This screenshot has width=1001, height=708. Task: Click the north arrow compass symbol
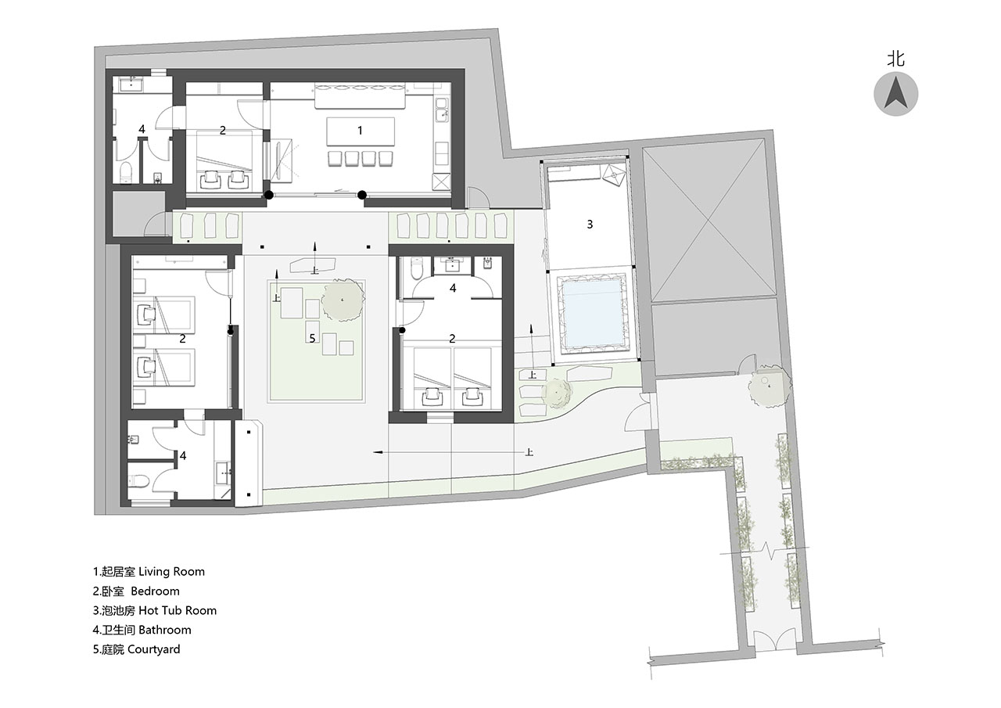tap(896, 94)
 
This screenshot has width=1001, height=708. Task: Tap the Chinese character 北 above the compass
tap(896, 59)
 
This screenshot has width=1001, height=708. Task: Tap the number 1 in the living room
tap(361, 131)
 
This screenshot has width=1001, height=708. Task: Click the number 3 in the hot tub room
tap(590, 224)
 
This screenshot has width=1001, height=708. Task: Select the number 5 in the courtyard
tap(312, 339)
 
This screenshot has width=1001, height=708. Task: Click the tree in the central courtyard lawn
tap(343, 300)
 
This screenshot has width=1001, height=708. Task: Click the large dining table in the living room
tap(361, 131)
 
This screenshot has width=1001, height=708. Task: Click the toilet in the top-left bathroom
tap(127, 173)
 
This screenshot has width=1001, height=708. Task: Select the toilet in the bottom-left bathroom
tap(139, 481)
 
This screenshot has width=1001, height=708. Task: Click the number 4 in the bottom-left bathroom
tap(183, 455)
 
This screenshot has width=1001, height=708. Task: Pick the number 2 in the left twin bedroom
tap(182, 339)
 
